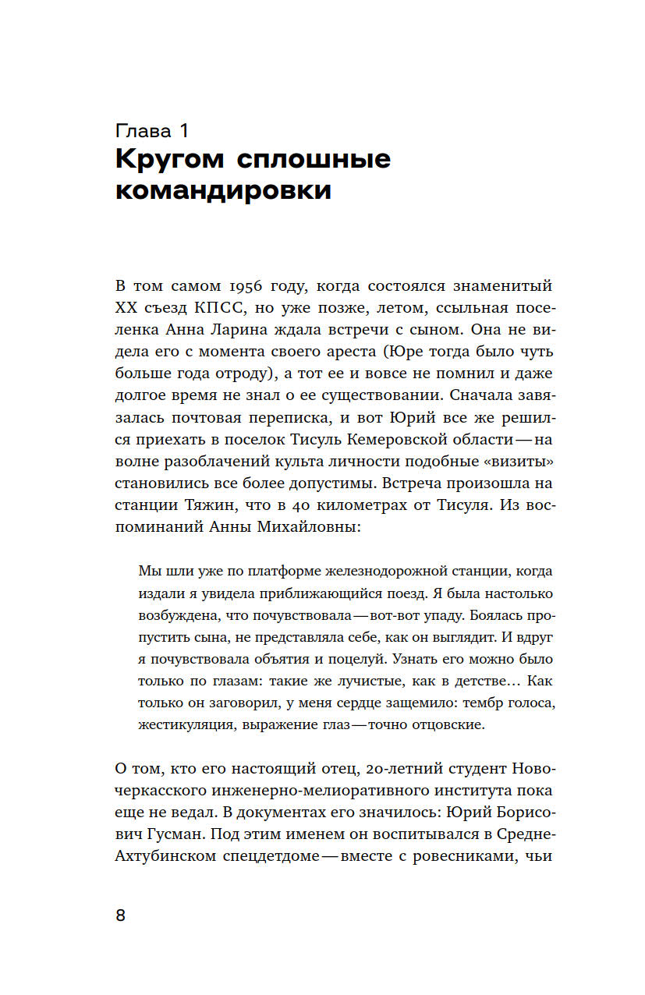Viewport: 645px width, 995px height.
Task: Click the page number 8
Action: coord(120,915)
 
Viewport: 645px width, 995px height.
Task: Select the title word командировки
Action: coord(223,191)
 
